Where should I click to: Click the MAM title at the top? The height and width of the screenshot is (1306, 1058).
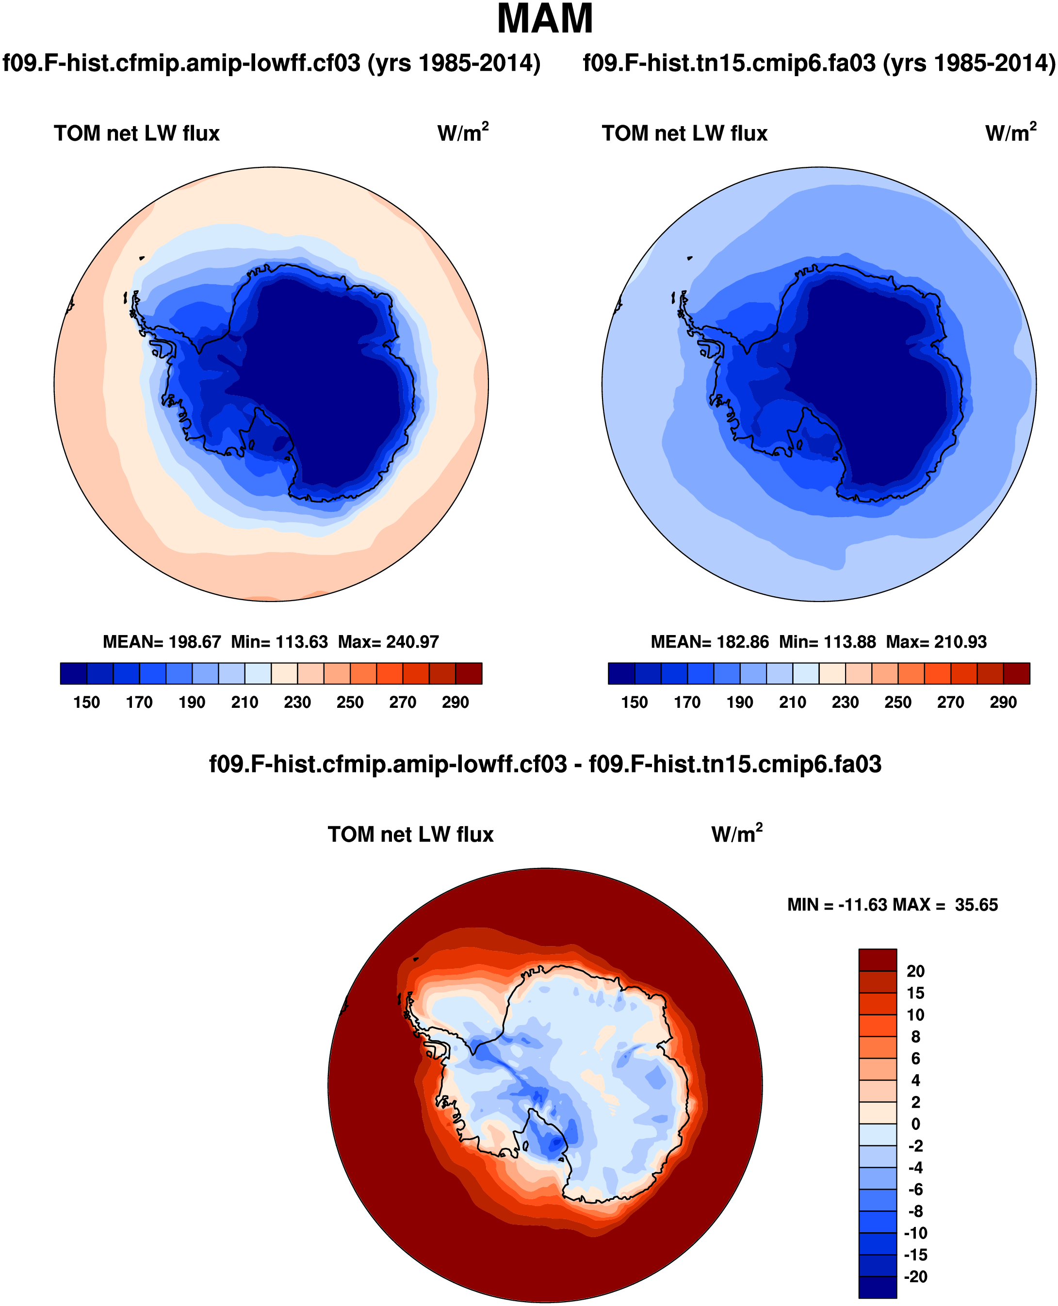[x=544, y=19]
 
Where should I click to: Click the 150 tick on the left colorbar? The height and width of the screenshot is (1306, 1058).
[x=86, y=702]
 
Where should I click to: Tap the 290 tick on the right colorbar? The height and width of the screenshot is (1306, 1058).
[x=1003, y=702]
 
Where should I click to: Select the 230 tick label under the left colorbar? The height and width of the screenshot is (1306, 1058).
[x=297, y=702]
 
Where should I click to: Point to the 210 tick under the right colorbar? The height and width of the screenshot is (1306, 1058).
[x=792, y=702]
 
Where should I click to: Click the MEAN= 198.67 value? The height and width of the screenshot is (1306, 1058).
[x=162, y=642]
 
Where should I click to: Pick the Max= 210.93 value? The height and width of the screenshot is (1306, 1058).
[x=936, y=642]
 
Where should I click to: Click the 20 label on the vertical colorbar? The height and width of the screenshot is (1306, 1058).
[x=915, y=971]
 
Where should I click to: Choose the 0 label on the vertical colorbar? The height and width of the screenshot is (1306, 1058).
[x=915, y=1124]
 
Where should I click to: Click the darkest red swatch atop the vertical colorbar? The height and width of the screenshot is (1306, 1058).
[x=878, y=960]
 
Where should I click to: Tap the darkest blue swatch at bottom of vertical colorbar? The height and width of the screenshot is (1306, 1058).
[x=878, y=1287]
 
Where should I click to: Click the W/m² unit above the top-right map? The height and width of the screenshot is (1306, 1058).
[x=1010, y=132]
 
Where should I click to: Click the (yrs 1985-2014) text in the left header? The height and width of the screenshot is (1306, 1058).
[x=454, y=63]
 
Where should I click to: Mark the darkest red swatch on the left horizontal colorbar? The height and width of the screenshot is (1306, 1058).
[x=469, y=673]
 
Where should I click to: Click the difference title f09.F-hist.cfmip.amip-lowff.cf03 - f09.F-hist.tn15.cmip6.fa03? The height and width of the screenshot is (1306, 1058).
[x=545, y=764]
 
